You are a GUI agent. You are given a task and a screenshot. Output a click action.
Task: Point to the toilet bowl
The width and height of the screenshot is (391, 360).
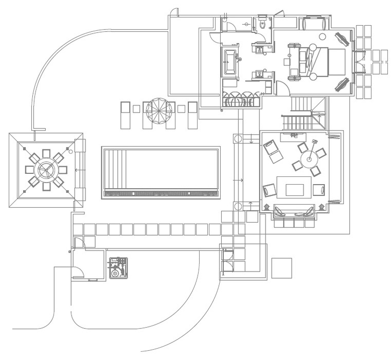[262, 24]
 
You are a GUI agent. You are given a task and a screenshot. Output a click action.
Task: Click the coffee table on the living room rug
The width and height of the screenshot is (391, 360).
[294, 187]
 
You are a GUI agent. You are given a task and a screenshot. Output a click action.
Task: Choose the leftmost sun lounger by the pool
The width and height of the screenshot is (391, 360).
[126, 114]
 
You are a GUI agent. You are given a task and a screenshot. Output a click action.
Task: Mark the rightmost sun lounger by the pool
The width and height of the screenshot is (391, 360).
[193, 114]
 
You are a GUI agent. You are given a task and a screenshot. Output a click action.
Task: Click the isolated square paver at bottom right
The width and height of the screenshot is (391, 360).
[281, 267]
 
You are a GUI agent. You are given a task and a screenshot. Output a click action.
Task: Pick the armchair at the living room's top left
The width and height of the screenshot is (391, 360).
[273, 151]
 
